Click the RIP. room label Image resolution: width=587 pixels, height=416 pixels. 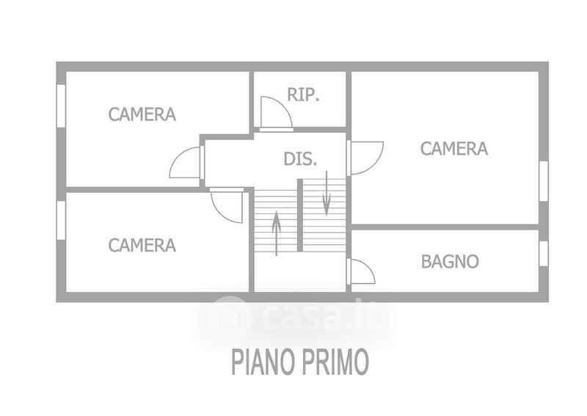coord(304,95)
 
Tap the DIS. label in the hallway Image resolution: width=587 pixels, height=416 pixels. coord(300,158)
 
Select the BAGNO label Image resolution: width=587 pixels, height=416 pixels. coord(450,261)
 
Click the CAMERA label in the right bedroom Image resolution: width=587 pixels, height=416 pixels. coord(453,149)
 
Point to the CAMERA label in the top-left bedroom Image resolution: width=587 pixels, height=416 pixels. coord(142,114)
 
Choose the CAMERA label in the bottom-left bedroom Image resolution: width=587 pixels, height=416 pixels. coord(142,245)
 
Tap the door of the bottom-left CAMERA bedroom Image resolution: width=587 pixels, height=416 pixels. coord(227,205)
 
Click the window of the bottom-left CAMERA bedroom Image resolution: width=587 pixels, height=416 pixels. coord(62,220)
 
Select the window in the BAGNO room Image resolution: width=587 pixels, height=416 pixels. coord(544,253)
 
